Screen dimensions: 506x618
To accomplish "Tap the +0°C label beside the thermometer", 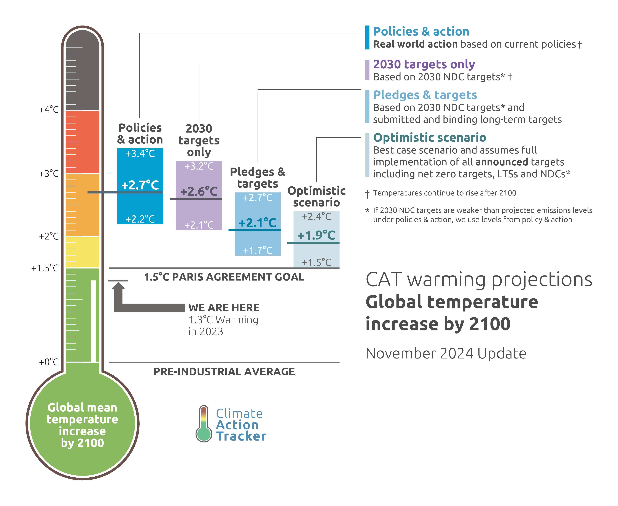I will pos(49,362).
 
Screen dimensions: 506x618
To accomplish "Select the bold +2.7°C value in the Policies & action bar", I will pos(140,185).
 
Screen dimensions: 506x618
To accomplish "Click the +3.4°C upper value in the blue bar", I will pos(140,154).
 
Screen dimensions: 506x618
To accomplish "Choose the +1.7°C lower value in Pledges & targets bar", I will pos(258,250).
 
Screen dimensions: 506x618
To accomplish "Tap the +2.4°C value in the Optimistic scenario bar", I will pos(316,217).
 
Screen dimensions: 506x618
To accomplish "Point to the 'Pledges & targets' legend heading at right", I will pos(425,95).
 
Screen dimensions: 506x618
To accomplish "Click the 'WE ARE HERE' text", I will pos(223,307).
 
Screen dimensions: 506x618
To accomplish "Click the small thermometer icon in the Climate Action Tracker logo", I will pos(204,424).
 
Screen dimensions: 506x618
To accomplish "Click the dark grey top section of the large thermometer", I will pos(83,70).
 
